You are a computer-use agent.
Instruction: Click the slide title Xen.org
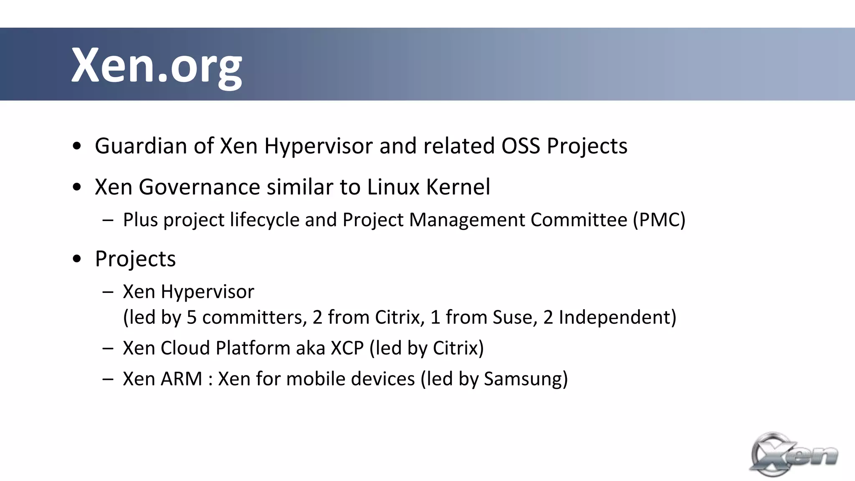tap(157, 66)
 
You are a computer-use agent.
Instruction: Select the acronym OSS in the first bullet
tap(521, 146)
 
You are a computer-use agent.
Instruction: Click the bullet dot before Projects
tap(77, 259)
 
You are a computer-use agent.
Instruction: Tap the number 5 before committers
tap(192, 317)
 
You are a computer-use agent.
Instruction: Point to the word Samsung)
tap(526, 379)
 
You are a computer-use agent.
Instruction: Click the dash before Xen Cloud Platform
tap(108, 348)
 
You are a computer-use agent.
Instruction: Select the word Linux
tap(393, 187)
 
